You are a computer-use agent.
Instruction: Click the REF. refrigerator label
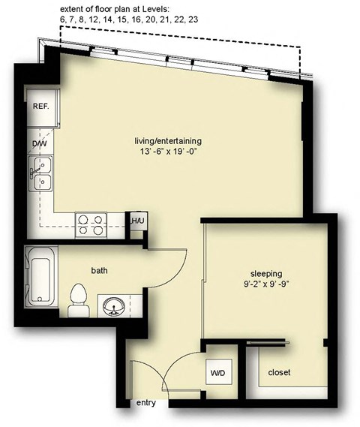pyautogui.click(x=40, y=107)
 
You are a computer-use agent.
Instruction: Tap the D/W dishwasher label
pyautogui.click(x=39, y=143)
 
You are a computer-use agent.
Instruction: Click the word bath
pyautogui.click(x=100, y=271)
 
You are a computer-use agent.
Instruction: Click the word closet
pyautogui.click(x=278, y=372)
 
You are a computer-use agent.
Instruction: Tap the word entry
pyautogui.click(x=147, y=404)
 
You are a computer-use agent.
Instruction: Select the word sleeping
pyautogui.click(x=267, y=273)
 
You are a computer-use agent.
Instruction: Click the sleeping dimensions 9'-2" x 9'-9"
pyautogui.click(x=267, y=285)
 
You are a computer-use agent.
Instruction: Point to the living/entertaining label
pyautogui.click(x=168, y=140)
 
